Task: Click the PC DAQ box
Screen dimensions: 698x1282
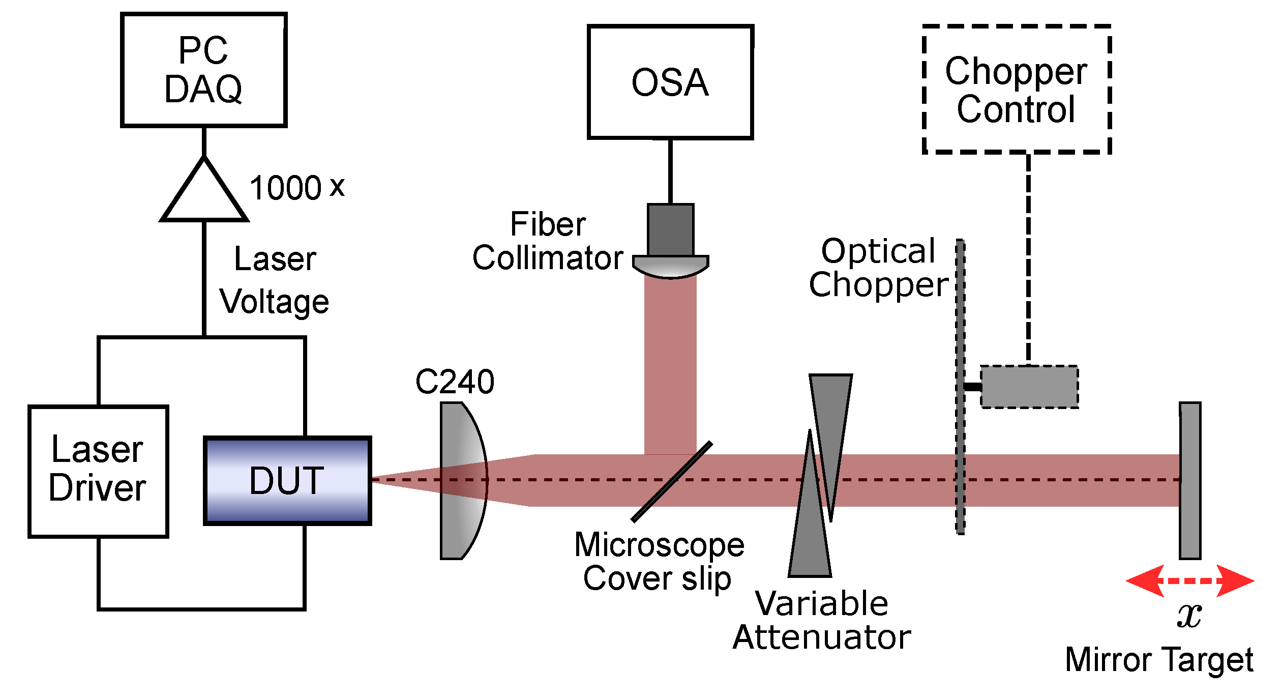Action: pos(203,70)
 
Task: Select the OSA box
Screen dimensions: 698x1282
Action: pos(670,82)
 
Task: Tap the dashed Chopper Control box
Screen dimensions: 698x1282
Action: pos(1016,90)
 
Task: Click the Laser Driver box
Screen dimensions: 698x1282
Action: pos(98,471)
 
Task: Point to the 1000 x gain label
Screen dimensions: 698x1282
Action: pos(297,187)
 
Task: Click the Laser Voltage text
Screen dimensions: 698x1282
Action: pos(275,280)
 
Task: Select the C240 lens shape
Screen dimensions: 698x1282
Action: pos(460,481)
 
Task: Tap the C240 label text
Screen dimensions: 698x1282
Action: pos(455,381)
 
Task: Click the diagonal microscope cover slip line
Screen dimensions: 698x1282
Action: pos(671,481)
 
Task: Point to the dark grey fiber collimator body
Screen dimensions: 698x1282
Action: pos(670,230)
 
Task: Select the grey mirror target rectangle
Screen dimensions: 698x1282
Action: pos(1190,481)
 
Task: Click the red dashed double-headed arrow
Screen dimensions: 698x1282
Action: pos(1190,580)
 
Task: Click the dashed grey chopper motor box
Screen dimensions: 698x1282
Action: pos(1029,387)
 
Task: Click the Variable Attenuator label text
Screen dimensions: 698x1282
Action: pos(822,620)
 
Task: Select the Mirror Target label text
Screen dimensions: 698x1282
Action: pos(1159,660)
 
